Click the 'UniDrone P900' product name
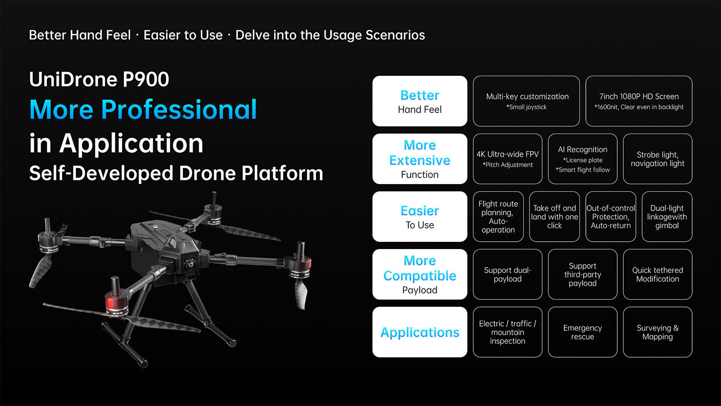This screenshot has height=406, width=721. [99, 79]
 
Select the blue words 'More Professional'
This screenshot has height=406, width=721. [143, 110]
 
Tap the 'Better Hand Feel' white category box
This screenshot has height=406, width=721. [420, 101]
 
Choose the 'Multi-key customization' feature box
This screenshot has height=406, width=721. [526, 101]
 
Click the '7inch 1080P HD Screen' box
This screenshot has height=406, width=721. [639, 101]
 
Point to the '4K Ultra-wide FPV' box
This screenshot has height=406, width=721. [507, 159]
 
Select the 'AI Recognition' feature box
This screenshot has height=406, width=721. [583, 159]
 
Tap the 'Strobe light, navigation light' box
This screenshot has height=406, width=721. [657, 159]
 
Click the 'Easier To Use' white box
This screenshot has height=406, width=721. [420, 217]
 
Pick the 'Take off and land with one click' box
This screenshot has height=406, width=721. [554, 217]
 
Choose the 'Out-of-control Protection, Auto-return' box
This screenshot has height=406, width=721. [611, 217]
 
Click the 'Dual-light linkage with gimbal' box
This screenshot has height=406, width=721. [667, 217]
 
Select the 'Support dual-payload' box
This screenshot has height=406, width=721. [507, 274]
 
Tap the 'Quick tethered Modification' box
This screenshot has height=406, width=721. [657, 274]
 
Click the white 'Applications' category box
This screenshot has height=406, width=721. [420, 332]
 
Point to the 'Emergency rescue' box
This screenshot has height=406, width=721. [583, 332]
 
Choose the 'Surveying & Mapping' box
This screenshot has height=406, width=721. [657, 332]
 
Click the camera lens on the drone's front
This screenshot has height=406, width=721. [191, 264]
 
